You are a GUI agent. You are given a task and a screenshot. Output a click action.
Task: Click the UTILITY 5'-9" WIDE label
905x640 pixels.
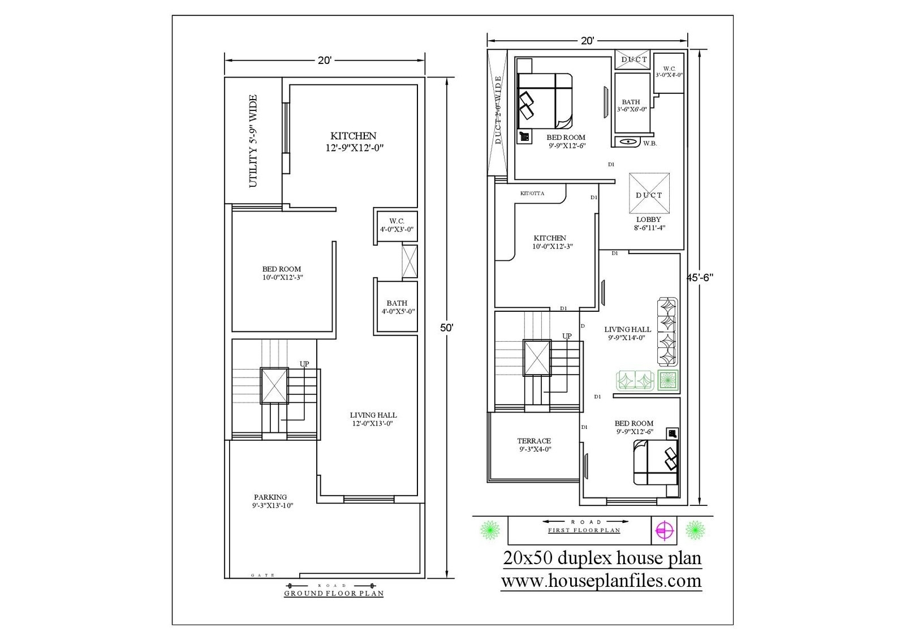click(x=253, y=141)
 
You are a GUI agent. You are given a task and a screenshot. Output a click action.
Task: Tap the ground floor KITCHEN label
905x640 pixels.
click(x=354, y=136)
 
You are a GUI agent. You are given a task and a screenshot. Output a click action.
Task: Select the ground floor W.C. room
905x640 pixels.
click(x=397, y=225)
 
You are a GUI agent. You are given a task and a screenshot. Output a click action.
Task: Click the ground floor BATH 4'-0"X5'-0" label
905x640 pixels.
click(x=397, y=307)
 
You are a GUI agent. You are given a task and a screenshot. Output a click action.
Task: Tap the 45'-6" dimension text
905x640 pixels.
click(x=700, y=277)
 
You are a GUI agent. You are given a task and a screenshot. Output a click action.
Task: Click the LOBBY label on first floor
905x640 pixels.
click(x=648, y=220)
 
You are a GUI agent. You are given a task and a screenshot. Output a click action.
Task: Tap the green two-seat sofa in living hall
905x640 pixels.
click(x=635, y=380)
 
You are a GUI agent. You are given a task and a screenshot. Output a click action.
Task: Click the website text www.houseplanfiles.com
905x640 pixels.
click(x=601, y=581)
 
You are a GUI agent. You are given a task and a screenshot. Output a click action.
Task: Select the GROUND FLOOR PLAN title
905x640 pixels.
click(x=334, y=594)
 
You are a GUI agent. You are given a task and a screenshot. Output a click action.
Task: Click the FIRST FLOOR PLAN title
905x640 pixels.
click(x=584, y=531)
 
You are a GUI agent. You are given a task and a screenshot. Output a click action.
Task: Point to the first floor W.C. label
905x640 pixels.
click(x=669, y=68)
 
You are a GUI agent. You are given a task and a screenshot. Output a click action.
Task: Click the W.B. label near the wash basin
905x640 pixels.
click(x=650, y=144)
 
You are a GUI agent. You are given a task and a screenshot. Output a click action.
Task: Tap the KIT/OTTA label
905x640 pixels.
click(x=532, y=194)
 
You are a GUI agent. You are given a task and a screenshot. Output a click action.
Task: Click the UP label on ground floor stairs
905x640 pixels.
click(x=304, y=364)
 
